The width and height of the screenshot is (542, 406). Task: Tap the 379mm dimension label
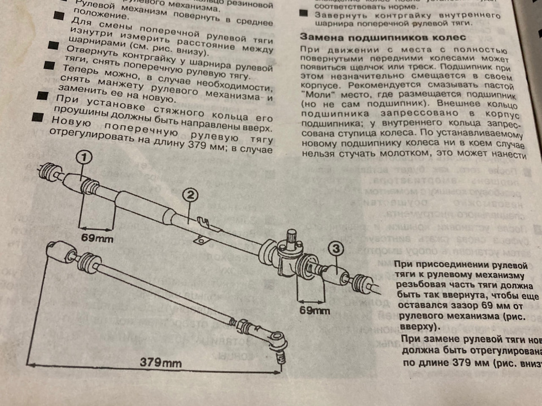pyautogui.click(x=156, y=362)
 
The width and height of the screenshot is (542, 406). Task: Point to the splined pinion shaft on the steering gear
pyautogui.click(x=292, y=237)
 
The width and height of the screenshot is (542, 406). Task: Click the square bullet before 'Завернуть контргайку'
pyautogui.click(x=304, y=12)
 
